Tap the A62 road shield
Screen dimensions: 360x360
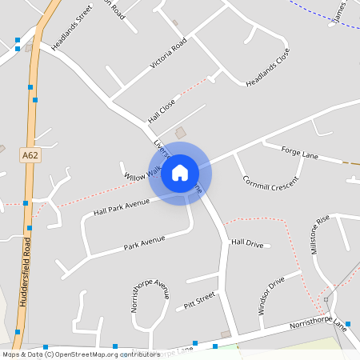30,155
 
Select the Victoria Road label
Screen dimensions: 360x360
168,53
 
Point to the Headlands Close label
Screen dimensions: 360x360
267,69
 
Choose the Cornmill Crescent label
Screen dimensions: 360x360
270,181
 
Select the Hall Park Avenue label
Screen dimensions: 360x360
122,207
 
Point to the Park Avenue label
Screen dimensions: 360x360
144,243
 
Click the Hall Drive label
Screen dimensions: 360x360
247,242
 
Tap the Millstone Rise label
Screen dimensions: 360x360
319,234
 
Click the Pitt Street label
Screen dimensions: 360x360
200,301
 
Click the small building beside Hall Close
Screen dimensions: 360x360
180,131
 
